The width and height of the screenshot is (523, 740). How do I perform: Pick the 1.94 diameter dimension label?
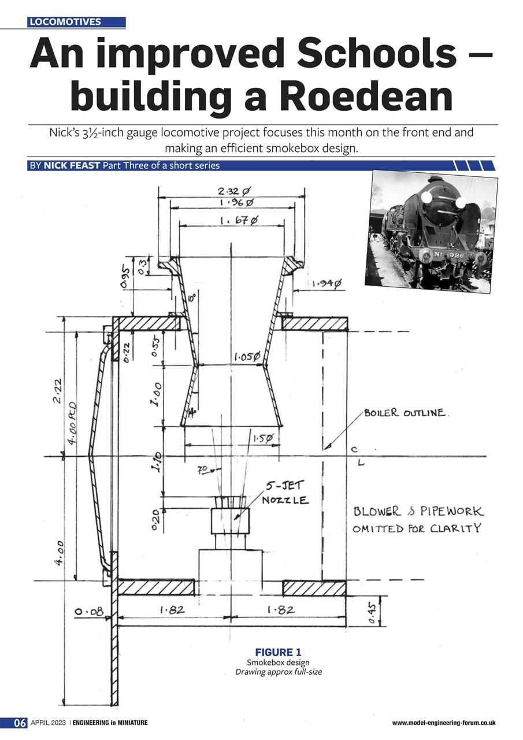327,284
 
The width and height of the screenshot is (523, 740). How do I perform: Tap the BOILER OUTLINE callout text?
405,413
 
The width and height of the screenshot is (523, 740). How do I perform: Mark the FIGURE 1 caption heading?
277,653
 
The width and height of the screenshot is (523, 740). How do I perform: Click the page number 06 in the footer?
20,723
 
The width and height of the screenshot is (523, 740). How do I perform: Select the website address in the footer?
443,723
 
